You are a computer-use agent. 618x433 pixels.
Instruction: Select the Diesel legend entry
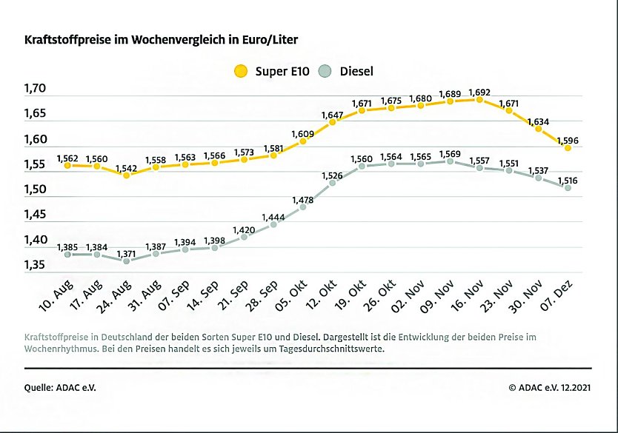click(346, 72)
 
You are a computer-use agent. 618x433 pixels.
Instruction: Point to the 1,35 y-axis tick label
click(35, 265)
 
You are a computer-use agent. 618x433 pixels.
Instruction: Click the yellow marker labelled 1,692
click(479, 99)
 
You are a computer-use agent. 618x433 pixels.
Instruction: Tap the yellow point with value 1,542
click(126, 175)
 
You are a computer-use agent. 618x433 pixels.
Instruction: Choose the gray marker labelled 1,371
click(126, 261)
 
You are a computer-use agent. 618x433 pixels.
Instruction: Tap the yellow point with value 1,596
click(568, 147)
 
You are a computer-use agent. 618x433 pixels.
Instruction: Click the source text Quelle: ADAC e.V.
click(61, 387)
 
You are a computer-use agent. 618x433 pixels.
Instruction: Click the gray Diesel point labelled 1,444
click(273, 224)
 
